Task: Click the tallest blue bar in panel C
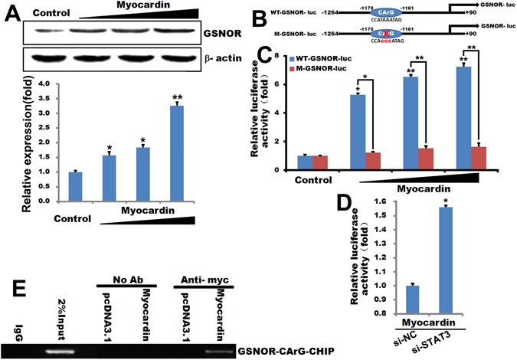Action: click(x=461, y=119)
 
